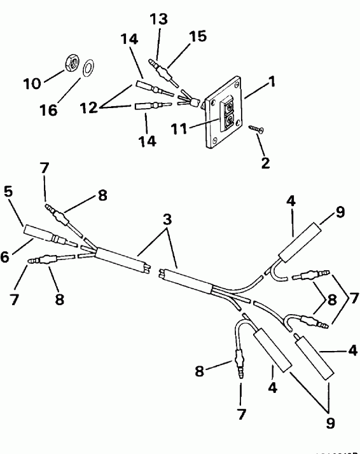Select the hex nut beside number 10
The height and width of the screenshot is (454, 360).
tap(73, 62)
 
